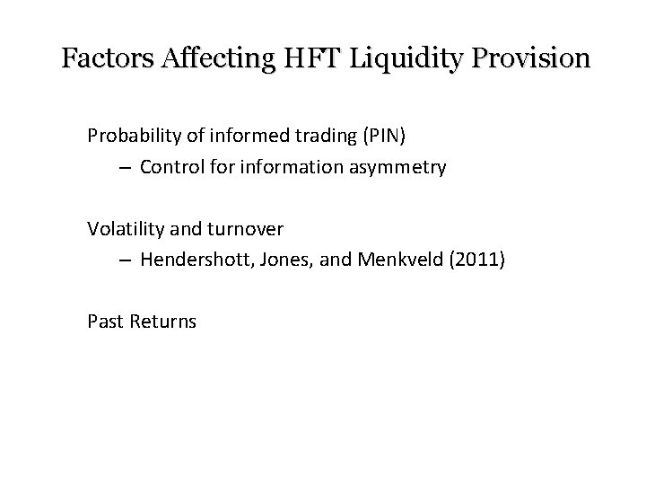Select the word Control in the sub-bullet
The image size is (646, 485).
point(170,167)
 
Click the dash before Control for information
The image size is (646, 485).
point(124,167)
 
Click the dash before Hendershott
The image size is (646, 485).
point(124,260)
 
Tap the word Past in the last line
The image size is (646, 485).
point(103,322)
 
